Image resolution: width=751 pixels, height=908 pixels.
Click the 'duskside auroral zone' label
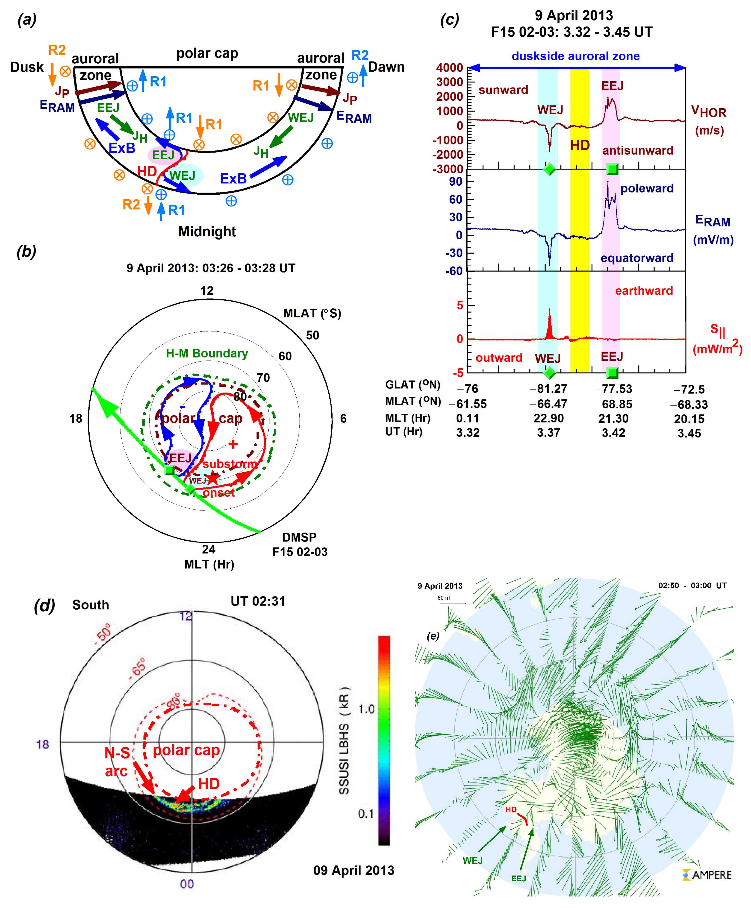pos(575,56)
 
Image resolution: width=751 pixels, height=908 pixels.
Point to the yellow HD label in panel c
pos(580,145)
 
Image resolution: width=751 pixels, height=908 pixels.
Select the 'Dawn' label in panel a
pos(386,67)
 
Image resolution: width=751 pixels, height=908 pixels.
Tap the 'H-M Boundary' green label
pos(207,353)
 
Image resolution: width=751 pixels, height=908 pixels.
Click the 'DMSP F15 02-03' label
pos(299,544)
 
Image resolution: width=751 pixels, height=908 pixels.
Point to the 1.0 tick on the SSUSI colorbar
pos(366,709)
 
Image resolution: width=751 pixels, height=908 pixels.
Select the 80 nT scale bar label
pos(444,598)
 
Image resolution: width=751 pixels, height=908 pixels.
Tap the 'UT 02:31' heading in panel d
pos(258,601)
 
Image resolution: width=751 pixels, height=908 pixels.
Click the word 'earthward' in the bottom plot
pos(644,290)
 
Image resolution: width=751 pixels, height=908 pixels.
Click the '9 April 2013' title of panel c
pos(574,16)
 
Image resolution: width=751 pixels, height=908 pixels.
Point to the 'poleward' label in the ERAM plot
pos(647,188)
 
